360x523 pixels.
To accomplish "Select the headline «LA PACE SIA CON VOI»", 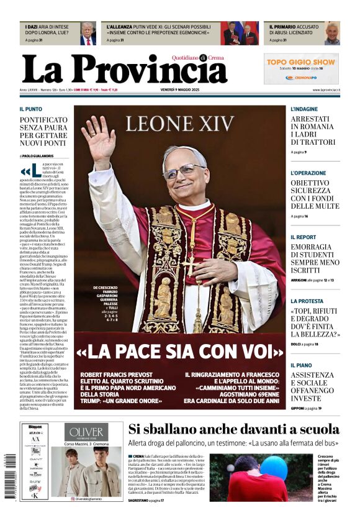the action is click(x=179, y=352).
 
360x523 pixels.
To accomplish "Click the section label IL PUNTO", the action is click(x=30, y=109).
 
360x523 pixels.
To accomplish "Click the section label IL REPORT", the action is click(x=303, y=237).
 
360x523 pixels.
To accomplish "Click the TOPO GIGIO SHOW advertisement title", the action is click(x=301, y=62).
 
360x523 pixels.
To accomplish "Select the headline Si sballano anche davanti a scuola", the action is click(x=234, y=429).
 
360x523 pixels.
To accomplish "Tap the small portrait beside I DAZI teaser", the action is click(x=88, y=33).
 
